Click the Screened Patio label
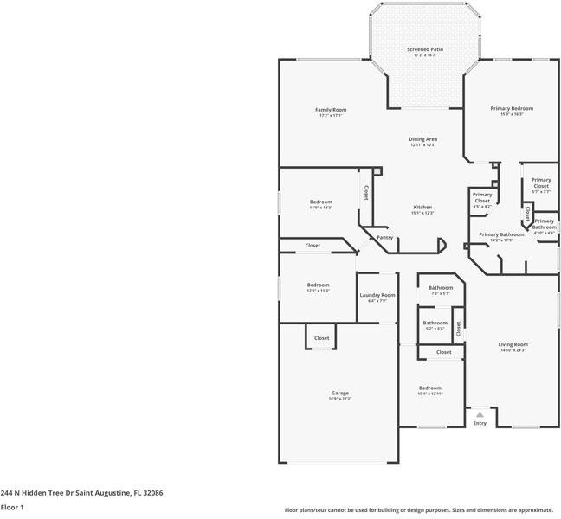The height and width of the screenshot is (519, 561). pyautogui.click(x=424, y=49)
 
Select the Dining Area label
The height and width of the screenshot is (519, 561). pyautogui.click(x=422, y=139)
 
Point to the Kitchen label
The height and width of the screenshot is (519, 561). pyautogui.click(x=422, y=207)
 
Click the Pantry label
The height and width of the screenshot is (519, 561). pyautogui.click(x=384, y=237)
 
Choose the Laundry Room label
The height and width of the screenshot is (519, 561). pyautogui.click(x=377, y=295)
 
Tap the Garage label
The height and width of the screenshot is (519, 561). pyautogui.click(x=339, y=393)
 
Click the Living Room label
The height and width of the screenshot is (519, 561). pyautogui.click(x=513, y=344)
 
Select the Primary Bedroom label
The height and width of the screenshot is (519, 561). pyautogui.click(x=512, y=108)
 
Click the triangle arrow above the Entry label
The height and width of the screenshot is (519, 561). pyautogui.click(x=480, y=415)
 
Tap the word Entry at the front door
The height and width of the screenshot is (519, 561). pyautogui.click(x=480, y=423)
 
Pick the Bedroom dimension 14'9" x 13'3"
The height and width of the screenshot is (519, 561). pyautogui.click(x=320, y=208)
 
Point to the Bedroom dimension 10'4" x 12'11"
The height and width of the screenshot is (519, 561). pyautogui.click(x=430, y=394)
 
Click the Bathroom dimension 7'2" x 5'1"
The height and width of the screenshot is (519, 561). pyautogui.click(x=440, y=293)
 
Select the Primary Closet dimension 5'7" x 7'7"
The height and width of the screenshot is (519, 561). pyautogui.click(x=540, y=191)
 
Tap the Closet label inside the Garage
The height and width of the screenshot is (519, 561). pyautogui.click(x=321, y=338)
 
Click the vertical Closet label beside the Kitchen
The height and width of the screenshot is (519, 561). pyautogui.click(x=366, y=192)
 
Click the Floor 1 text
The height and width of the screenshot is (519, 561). pyautogui.click(x=12, y=507)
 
